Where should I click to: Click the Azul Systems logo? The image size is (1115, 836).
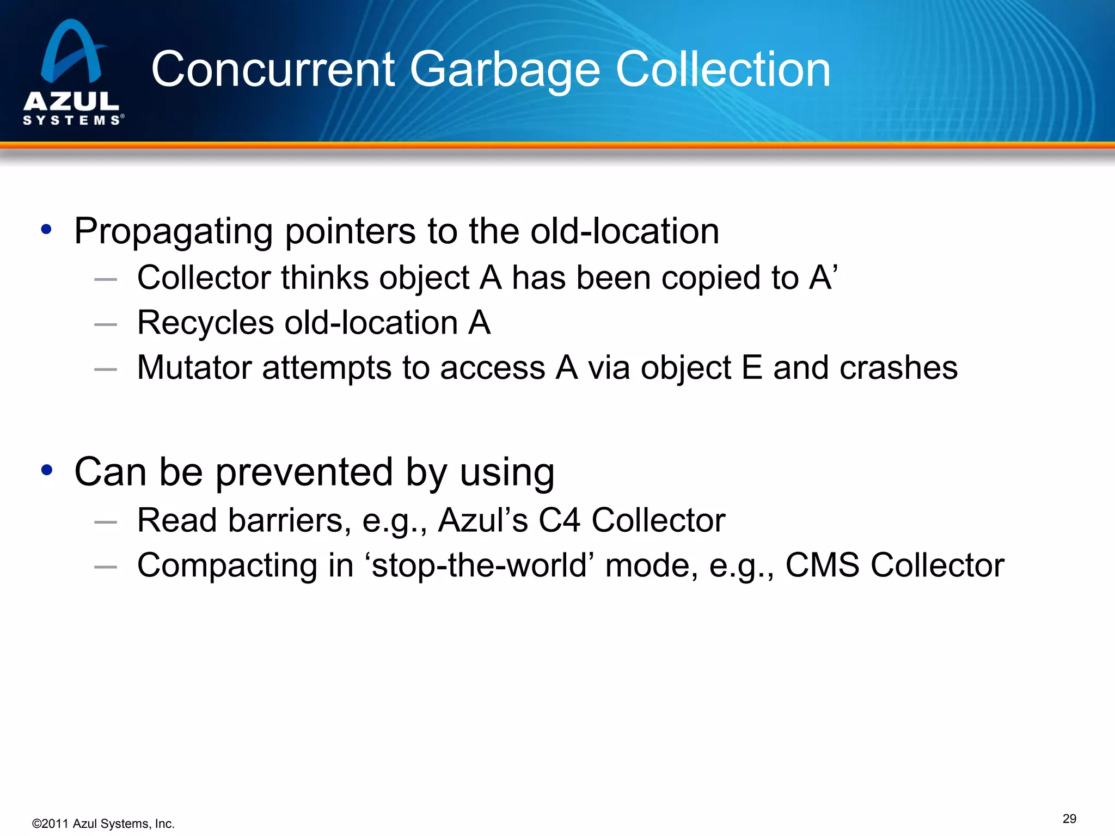pos(72,72)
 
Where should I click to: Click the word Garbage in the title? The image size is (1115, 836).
pos(505,70)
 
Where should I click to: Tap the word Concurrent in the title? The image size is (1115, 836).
pos(273,70)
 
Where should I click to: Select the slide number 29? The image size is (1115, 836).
pos(1069,819)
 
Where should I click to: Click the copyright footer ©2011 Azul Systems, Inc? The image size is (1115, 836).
pos(103,823)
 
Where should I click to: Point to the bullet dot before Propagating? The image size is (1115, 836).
pos(46,230)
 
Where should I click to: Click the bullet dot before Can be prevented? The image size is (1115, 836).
pos(46,470)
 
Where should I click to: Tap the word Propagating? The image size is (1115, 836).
pos(173,232)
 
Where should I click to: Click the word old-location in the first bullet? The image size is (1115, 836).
pos(624,231)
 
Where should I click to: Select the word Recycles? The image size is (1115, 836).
pos(205,323)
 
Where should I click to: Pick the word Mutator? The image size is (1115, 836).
pos(194,367)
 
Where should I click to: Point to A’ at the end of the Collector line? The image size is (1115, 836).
pos(823,277)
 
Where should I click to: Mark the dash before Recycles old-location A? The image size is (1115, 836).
pos(106,324)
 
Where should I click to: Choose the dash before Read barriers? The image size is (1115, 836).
pos(106,522)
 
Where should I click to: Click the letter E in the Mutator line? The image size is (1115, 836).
pos(752,367)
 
